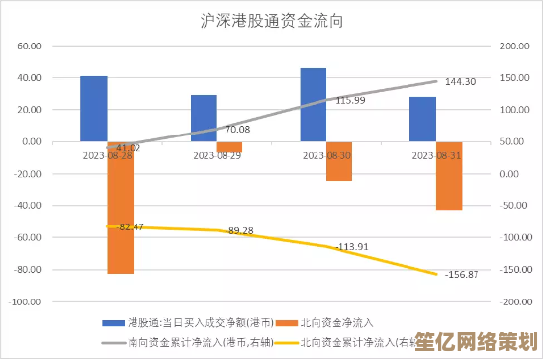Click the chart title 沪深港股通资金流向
coord(272,21)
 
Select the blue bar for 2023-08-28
coord(94,109)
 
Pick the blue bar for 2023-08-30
coord(314,105)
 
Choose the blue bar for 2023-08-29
coord(204,119)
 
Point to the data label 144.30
coord(461,81)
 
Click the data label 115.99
coord(350,100)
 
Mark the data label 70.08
coord(237,130)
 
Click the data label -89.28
coord(240,230)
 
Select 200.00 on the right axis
coord(516,46)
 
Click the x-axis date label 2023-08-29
coord(216,155)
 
